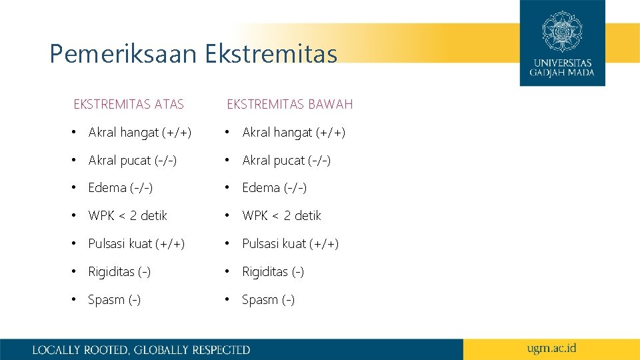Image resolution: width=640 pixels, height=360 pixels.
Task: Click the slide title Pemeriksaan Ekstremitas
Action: pos(193,54)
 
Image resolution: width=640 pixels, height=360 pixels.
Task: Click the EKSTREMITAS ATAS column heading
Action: pos(129,104)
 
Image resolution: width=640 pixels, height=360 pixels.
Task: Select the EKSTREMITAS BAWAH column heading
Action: pos(290,104)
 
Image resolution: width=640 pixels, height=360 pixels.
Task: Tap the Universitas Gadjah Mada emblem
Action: pos(562,31)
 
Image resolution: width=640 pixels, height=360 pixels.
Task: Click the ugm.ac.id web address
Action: pos(551,348)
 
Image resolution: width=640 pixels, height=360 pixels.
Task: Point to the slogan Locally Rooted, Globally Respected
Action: pos(141,349)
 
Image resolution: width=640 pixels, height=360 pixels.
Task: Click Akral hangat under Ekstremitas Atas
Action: pos(139,133)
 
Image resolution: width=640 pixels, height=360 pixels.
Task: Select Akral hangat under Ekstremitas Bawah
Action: pos(293,133)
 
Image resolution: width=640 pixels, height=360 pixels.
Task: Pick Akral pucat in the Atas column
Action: pos(133,161)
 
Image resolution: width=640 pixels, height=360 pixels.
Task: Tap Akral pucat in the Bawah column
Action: pos(287,161)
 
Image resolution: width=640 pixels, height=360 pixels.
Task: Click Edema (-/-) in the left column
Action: pos(120,188)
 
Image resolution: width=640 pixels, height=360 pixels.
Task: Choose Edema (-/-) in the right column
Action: pos(274,188)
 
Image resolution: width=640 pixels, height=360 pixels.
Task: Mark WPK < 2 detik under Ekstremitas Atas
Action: pos(127,216)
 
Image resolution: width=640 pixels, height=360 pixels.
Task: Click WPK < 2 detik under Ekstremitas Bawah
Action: pos(281,216)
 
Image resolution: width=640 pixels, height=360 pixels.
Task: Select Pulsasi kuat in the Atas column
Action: pos(136,244)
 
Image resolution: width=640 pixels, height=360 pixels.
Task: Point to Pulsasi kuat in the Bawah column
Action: pos(290,244)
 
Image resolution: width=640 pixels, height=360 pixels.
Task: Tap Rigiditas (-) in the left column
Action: pos(119,272)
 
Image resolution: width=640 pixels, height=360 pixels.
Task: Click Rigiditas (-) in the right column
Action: pos(273,272)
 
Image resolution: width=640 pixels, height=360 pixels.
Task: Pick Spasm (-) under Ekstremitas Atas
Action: pos(114,300)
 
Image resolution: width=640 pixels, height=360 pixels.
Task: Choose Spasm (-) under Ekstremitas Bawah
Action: pos(268,300)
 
